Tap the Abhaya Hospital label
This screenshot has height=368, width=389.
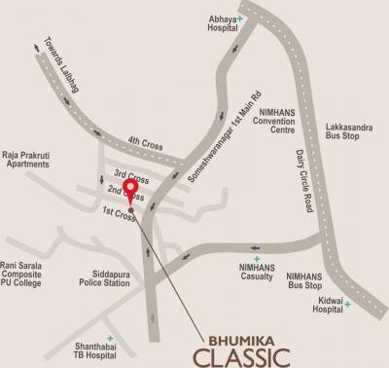tap(221, 24)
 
